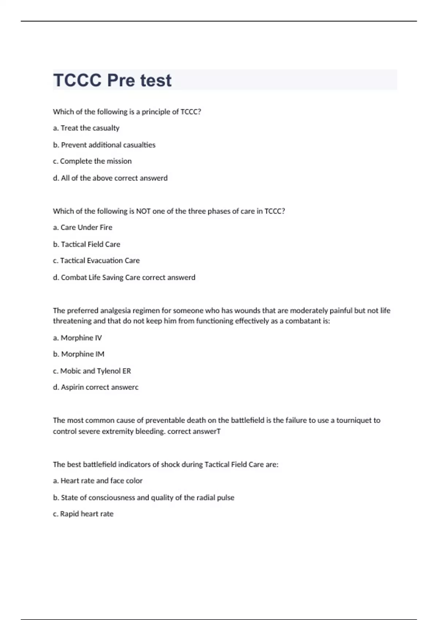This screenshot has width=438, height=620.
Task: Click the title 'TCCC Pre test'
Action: pos(112,80)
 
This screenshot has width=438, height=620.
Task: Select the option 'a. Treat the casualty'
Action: pos(86,128)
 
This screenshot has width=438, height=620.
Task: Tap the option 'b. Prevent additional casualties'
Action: pos(104,145)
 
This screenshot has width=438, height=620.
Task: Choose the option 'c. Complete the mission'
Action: pos(92,161)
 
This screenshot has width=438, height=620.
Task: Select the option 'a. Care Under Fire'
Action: pos(82,228)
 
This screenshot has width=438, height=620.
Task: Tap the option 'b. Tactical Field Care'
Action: pos(87,244)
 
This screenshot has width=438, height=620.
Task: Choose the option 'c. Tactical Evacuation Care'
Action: pos(96,261)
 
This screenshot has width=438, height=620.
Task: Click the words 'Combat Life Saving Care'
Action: pos(100,278)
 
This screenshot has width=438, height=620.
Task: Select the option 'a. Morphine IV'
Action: pos(77,338)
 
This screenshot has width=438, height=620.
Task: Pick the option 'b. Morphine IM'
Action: pos(78,354)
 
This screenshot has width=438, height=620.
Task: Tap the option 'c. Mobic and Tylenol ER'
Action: pos(92,371)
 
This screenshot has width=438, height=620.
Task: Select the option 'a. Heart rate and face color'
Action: pos(98,481)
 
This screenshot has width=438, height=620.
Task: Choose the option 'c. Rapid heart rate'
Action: pos(83,514)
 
